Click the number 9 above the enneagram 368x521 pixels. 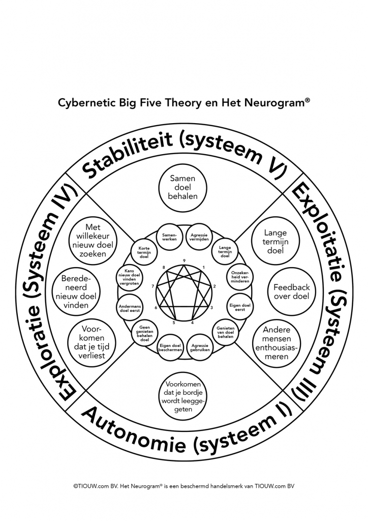point(184,260)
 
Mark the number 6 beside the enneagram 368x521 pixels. point(156,308)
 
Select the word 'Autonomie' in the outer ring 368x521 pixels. point(134,431)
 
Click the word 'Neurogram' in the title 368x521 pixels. point(275,102)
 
